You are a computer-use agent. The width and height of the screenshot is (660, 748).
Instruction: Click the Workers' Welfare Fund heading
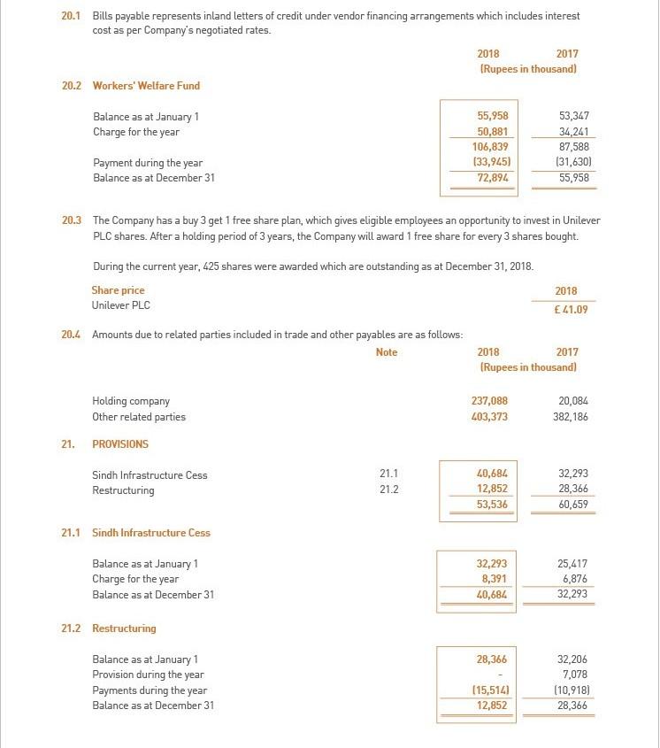coord(146,86)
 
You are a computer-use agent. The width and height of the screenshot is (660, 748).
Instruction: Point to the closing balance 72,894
coord(492,178)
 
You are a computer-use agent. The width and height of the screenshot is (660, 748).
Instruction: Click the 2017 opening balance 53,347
coord(574,116)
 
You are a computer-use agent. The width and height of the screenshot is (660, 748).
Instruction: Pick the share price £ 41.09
coord(571,310)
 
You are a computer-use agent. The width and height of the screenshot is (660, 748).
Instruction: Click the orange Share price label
coord(118,290)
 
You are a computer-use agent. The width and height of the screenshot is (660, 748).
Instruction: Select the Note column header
coord(387,352)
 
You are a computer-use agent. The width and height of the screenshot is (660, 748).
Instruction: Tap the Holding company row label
coord(131,401)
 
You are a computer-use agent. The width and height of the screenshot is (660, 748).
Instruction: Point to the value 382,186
coord(571,417)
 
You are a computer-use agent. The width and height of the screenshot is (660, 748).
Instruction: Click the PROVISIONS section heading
coord(120,444)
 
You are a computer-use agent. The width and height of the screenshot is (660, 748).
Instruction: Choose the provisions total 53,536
coord(492,505)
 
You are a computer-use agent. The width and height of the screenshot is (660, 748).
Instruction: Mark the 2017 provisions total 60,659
coord(572,505)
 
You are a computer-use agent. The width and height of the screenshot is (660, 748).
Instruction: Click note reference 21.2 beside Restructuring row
coord(388,490)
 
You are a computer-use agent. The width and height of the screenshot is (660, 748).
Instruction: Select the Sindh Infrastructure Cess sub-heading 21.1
coord(151,533)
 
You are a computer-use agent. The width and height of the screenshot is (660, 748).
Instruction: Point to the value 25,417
coord(572,564)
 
